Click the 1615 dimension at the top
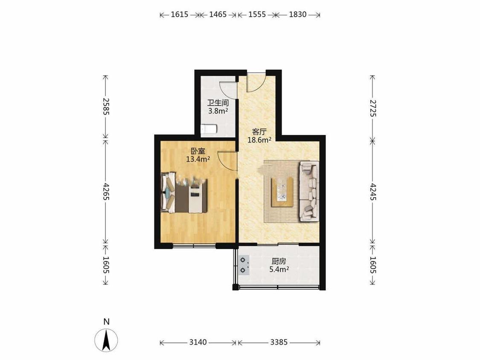pos(179,15)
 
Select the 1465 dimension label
pos(218,15)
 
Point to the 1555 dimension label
pos(257,15)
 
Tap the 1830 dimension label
pos(297,15)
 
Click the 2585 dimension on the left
pos(106,107)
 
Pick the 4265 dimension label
pos(106,192)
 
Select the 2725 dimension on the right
pos(373,108)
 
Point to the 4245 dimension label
pos(373,192)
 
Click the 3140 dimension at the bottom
pos(198,342)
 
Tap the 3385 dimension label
pos(279,342)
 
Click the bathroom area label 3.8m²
pos(218,111)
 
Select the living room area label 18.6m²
pos(259,140)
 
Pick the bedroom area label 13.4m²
pos(198,159)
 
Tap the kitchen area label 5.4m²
pos(279,270)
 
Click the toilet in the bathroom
pos(209,130)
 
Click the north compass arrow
pos(106,340)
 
